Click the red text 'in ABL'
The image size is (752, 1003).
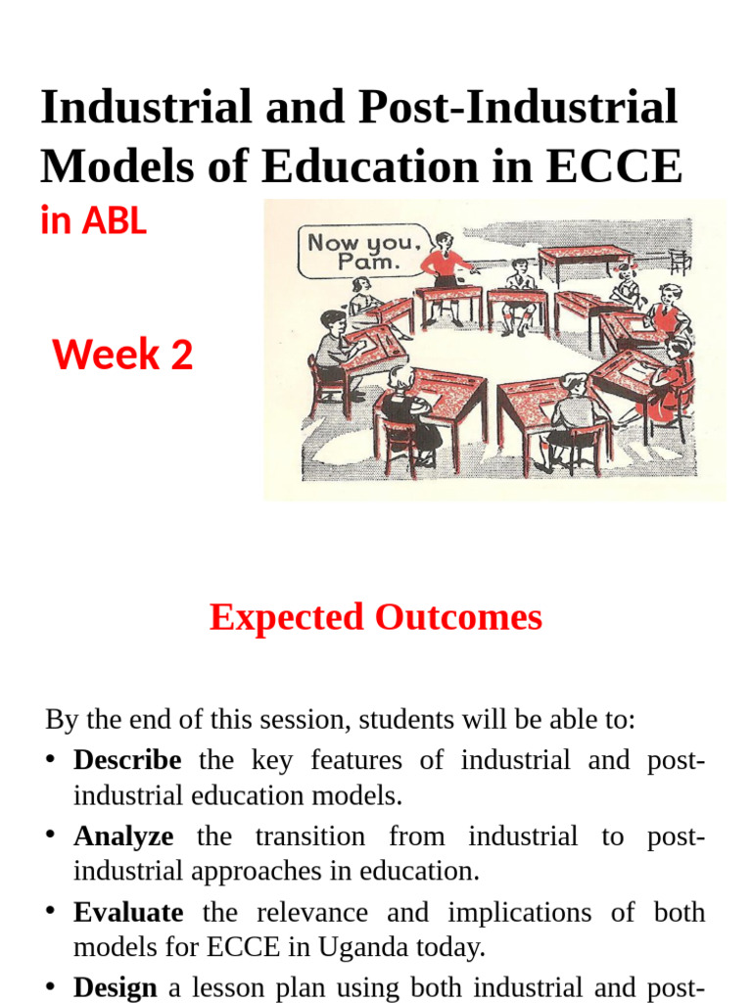tap(93, 221)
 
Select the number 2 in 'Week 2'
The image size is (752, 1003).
tap(180, 355)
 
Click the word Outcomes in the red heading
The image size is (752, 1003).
tap(459, 617)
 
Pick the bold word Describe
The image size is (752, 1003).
tap(127, 760)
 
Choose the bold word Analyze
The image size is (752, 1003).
tap(123, 836)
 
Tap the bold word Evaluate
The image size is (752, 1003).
tap(128, 913)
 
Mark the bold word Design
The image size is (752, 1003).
tap(116, 988)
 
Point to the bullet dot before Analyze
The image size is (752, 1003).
tap(51, 836)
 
